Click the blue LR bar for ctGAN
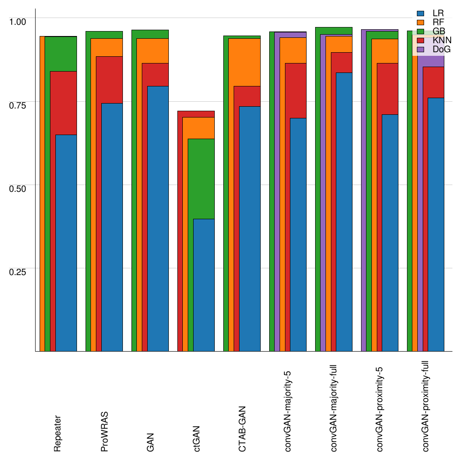pyautogui.click(x=203, y=285)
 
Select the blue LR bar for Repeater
pyautogui.click(x=66, y=243)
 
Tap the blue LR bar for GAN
pyautogui.click(x=158, y=219)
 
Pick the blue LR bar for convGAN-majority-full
pyautogui.click(x=344, y=212)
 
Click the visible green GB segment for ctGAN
pyautogui.click(x=201, y=179)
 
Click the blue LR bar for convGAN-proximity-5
pyautogui.click(x=390, y=233)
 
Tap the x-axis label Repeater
pyautogui.click(x=58, y=434)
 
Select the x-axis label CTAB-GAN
pyautogui.click(x=242, y=428)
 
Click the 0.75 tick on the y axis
pyautogui.click(x=18, y=104)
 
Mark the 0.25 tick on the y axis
pyautogui.click(x=18, y=271)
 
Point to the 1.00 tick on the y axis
pyautogui.click(x=18, y=21)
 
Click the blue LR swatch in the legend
pyautogui.click(x=421, y=14)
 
